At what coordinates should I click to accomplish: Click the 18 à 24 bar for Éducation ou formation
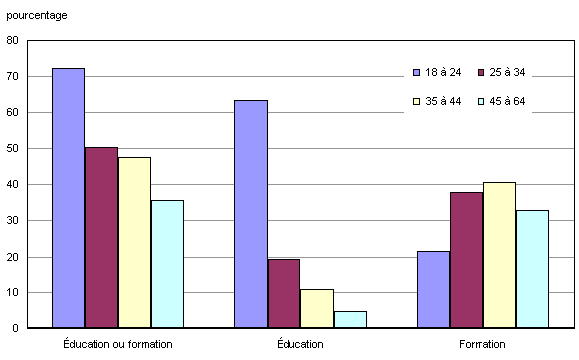pos(68,198)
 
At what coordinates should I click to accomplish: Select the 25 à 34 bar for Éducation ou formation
pos(101,238)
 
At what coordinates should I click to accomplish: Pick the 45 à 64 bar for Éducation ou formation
pos(167,264)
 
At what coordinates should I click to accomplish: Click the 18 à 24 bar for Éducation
pos(251,214)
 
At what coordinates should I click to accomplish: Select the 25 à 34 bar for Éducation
pos(284,293)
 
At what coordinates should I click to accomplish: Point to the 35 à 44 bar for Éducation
pos(316,308)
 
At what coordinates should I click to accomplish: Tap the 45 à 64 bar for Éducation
pos(349,319)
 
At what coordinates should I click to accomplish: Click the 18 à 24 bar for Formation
pos(433,289)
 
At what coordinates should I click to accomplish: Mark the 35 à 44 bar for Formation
pos(499,255)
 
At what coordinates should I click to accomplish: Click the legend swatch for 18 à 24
pos(416,72)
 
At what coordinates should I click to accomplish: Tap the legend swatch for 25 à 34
pos(482,72)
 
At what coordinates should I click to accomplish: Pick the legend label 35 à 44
pos(444,101)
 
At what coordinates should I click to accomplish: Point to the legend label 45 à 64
pos(509,101)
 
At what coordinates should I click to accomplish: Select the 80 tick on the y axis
pos(12,41)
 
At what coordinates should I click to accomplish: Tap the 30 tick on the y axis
pos(12,221)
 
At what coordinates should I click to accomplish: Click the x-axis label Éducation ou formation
pos(116,343)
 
